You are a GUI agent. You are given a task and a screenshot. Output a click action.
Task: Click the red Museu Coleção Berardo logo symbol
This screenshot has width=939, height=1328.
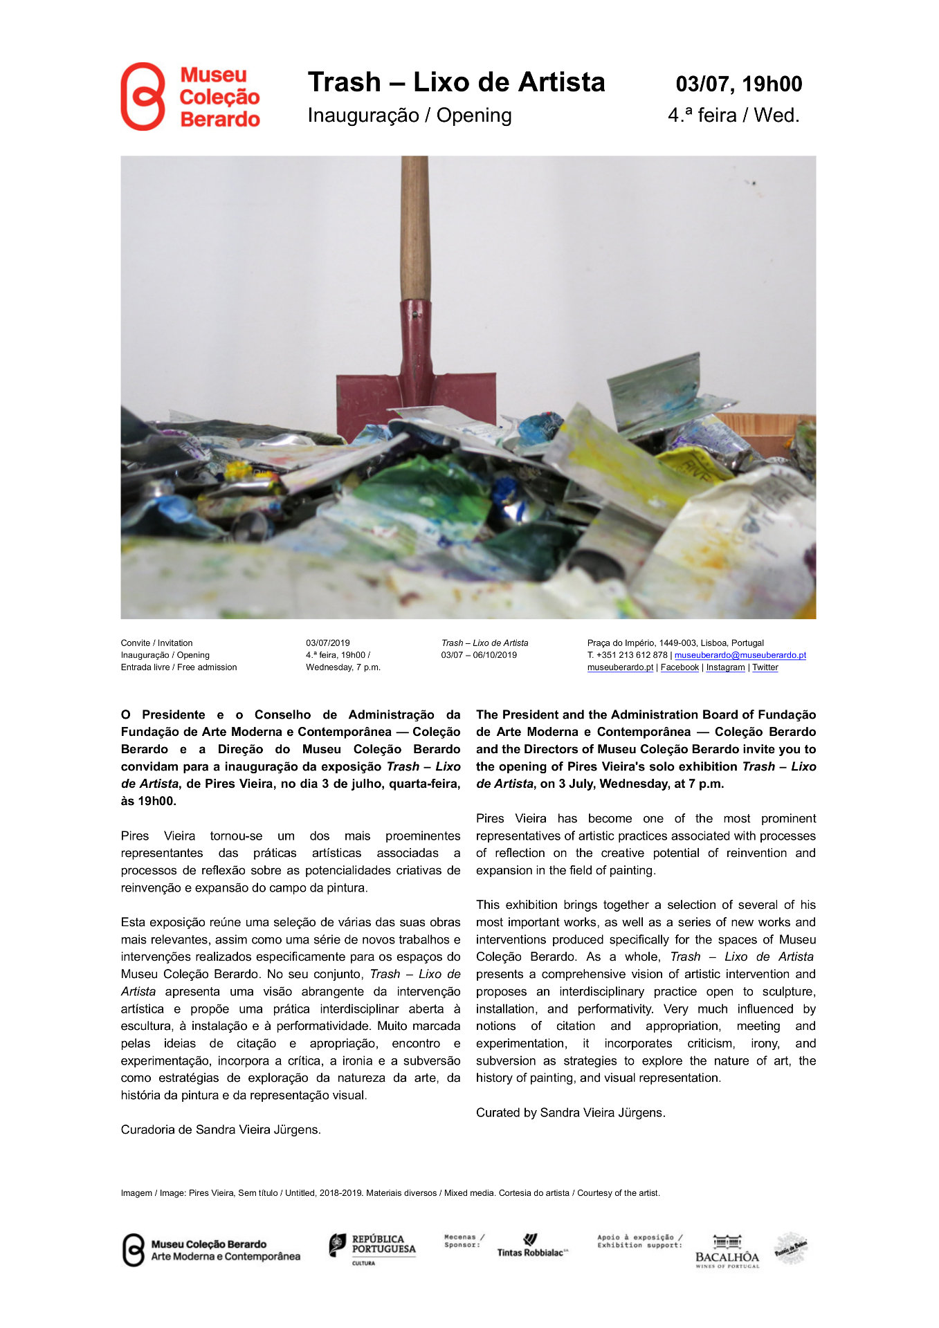(143, 97)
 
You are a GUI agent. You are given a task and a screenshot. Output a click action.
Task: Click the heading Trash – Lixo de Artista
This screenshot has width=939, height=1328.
(456, 82)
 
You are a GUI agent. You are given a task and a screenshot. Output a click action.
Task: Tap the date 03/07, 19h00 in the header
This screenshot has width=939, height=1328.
(738, 84)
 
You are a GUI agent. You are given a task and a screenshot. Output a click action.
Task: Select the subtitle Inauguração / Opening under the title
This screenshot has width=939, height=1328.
(410, 115)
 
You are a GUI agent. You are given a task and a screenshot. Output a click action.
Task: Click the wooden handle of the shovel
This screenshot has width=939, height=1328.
(414, 228)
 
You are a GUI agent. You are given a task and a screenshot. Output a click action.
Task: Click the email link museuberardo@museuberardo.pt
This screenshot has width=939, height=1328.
(740, 655)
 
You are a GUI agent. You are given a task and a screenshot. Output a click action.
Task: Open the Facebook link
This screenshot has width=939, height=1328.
(680, 667)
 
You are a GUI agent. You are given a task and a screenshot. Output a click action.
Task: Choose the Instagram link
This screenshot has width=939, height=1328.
(725, 667)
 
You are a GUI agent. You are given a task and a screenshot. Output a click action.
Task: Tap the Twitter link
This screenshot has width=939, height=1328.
(765, 667)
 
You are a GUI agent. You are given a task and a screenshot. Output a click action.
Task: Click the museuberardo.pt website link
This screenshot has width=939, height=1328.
(620, 667)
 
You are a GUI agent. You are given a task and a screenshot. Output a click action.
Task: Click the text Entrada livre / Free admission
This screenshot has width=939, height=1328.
(179, 667)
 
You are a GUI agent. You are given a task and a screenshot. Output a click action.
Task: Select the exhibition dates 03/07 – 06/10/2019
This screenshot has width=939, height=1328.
(479, 655)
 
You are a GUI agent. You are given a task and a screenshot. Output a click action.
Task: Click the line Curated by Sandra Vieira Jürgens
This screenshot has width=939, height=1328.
(570, 1113)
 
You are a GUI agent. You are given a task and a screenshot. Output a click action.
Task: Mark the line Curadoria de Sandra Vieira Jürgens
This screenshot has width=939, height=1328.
(221, 1130)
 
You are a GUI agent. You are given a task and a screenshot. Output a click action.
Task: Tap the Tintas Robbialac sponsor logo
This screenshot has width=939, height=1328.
(532, 1247)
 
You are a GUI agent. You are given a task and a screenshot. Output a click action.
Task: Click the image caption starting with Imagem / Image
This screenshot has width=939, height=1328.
(390, 1193)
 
